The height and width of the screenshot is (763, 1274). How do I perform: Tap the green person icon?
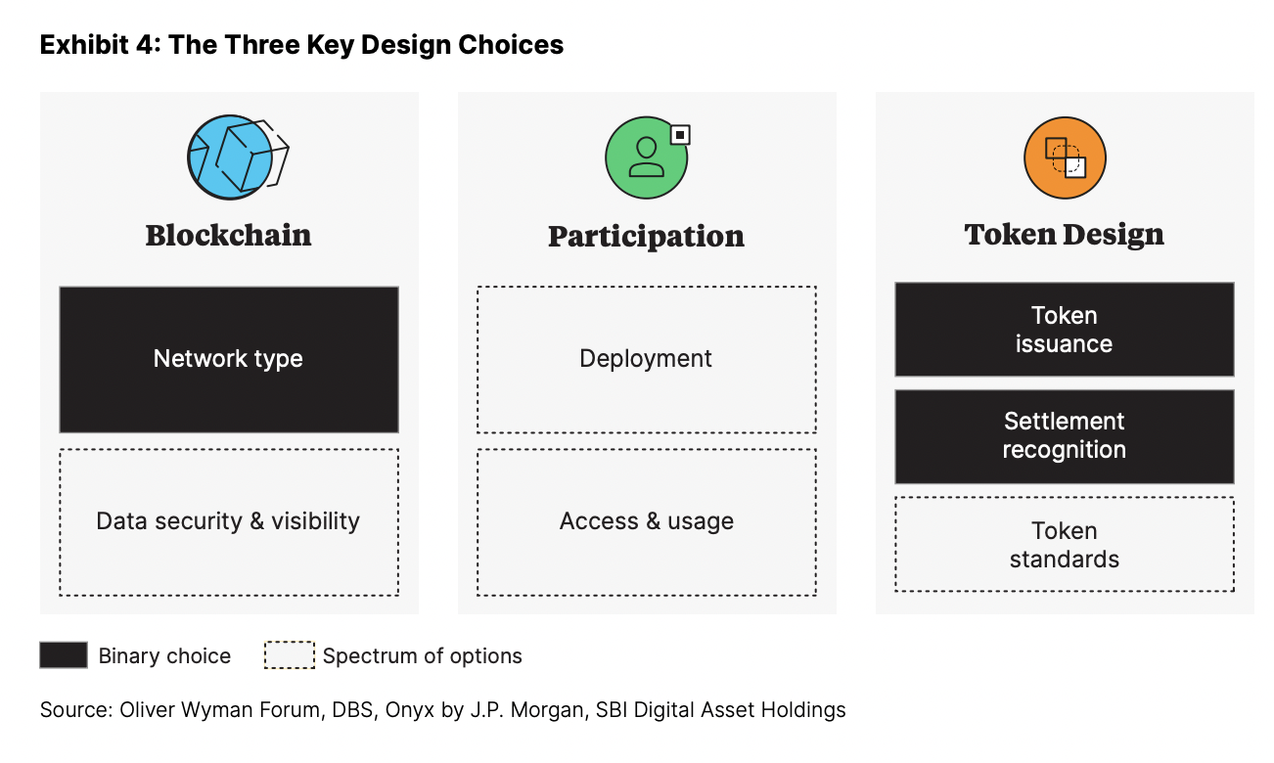tap(647, 157)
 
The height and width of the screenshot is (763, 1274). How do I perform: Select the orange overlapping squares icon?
tap(1065, 157)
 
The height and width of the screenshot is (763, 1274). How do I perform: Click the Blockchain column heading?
tap(229, 236)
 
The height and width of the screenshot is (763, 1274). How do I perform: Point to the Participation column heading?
tap(646, 237)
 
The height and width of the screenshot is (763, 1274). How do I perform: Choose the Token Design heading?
tap(1065, 236)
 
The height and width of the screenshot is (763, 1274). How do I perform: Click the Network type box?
tap(229, 359)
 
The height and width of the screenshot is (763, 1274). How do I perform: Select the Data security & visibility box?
tap(229, 522)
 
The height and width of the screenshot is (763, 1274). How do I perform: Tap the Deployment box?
tap(647, 359)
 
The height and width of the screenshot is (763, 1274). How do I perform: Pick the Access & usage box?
tap(647, 522)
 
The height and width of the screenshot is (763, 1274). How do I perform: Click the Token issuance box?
tap(1065, 330)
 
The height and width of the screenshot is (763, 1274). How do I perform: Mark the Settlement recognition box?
tap(1065, 436)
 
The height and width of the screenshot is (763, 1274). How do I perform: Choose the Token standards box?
tap(1065, 545)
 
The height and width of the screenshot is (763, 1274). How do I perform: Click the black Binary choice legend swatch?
tap(64, 655)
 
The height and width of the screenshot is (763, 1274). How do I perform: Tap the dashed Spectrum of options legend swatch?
tap(290, 655)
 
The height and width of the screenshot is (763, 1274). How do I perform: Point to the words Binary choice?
tap(165, 656)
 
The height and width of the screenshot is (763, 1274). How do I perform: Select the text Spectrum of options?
tap(423, 656)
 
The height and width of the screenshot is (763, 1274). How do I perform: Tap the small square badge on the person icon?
tap(680, 135)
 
